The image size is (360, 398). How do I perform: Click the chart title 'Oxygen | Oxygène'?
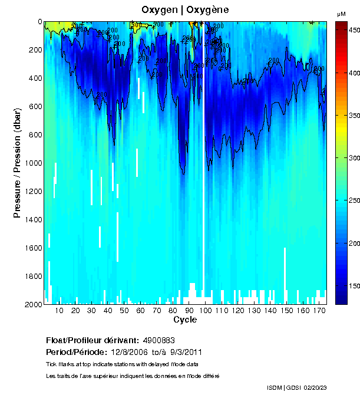185,10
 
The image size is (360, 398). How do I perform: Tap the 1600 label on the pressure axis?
34,248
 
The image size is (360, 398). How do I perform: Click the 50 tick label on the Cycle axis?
124,310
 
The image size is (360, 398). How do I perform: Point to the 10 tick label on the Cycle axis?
60,310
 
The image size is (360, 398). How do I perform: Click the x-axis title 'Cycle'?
185,320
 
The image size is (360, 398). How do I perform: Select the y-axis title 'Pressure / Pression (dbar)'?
17,163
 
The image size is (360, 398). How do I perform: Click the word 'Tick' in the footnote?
51,364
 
